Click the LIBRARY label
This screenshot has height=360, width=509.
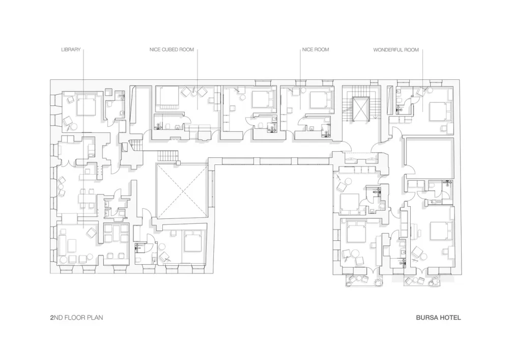[x=71, y=50]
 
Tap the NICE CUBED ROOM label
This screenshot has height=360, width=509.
[x=172, y=50]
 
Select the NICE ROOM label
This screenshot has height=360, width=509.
[x=316, y=50]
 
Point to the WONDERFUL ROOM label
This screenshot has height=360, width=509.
[x=396, y=50]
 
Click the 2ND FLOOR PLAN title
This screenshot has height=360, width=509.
[x=77, y=317]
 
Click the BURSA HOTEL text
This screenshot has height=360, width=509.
[x=438, y=317]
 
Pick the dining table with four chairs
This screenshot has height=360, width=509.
[x=88, y=199]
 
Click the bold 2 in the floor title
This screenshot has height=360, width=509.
[x=52, y=317]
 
